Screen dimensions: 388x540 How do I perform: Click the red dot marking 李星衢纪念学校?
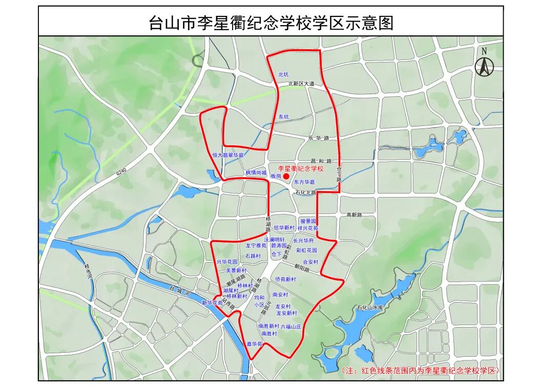click(x=286, y=176)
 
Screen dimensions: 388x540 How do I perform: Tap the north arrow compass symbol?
click(x=483, y=64)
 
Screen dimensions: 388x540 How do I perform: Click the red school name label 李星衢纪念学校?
click(x=301, y=168)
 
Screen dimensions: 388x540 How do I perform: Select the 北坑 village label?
click(x=283, y=74)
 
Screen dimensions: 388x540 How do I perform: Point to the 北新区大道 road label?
click(x=301, y=83)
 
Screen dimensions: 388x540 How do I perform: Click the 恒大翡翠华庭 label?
click(x=228, y=155)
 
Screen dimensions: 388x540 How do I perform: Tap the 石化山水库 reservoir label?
click(x=370, y=308)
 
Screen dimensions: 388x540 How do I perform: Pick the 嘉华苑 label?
click(x=255, y=344)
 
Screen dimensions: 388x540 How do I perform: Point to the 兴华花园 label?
click(x=227, y=262)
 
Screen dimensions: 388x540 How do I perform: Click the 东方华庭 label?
click(x=304, y=182)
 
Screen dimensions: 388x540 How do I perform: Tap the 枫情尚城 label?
click(x=256, y=173)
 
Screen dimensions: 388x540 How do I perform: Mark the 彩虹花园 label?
click(x=306, y=250)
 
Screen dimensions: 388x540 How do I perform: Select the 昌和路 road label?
click(x=321, y=161)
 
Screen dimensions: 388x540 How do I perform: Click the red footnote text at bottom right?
click(x=420, y=370)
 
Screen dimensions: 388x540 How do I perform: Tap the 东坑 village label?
click(x=283, y=117)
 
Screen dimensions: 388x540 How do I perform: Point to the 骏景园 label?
click(x=308, y=221)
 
